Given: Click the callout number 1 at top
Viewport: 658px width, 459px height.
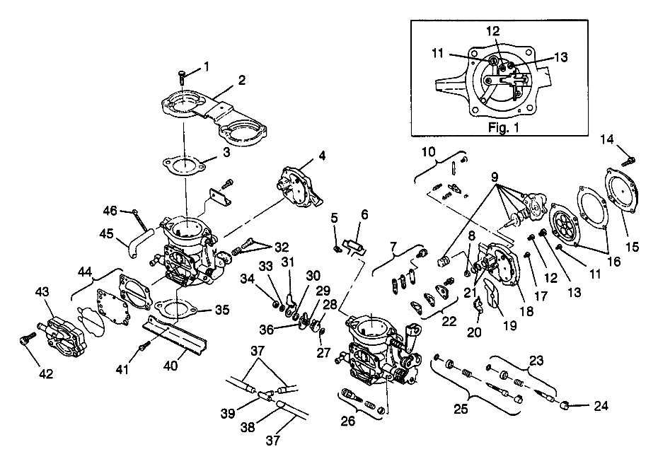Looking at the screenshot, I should click(x=206, y=66).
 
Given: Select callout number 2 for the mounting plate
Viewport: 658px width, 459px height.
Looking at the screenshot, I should click(x=241, y=81).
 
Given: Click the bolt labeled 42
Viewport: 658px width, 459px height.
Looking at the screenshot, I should click(x=25, y=341).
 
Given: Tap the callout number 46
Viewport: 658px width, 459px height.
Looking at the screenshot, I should click(x=110, y=211).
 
